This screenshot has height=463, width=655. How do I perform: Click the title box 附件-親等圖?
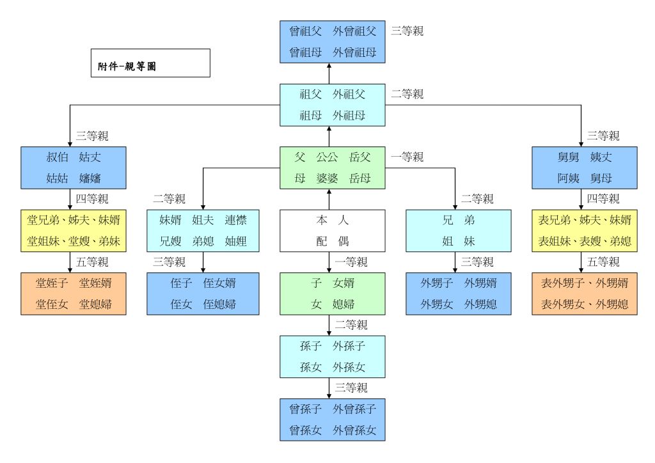tap(150, 63)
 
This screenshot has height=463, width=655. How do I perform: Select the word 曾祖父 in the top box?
tap(305, 31)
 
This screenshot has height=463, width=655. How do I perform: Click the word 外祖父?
tap(349, 95)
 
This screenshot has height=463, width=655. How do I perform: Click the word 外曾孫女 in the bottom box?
tap(355, 430)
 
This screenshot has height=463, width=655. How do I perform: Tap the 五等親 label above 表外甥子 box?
tap(603, 262)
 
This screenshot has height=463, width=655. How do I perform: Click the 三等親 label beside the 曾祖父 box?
tap(407, 31)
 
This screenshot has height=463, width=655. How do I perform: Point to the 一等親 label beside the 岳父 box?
tap(407, 157)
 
